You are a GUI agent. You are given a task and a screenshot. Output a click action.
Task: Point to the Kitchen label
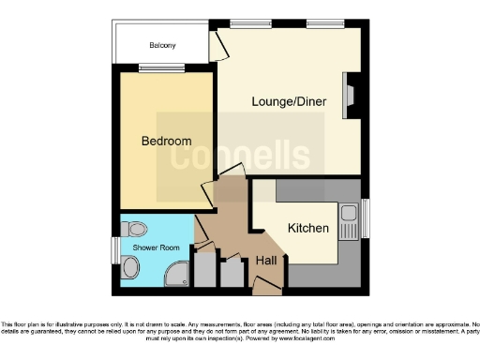coord(307,228)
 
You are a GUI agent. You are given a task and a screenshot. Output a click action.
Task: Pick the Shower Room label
coord(149,247)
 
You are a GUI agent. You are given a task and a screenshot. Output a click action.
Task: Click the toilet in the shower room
coord(133,227)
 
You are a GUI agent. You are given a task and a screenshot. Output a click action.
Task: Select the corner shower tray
coord(175,273)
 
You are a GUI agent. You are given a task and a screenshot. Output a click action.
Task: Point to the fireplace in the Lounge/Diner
coord(350,97)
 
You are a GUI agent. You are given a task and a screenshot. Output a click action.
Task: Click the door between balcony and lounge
coord(217,42)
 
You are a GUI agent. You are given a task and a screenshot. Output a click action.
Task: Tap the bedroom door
coord(208,194)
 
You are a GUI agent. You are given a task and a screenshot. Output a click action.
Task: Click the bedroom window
coord(153,67)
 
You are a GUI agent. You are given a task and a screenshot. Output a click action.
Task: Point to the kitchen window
coord(365,217)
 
